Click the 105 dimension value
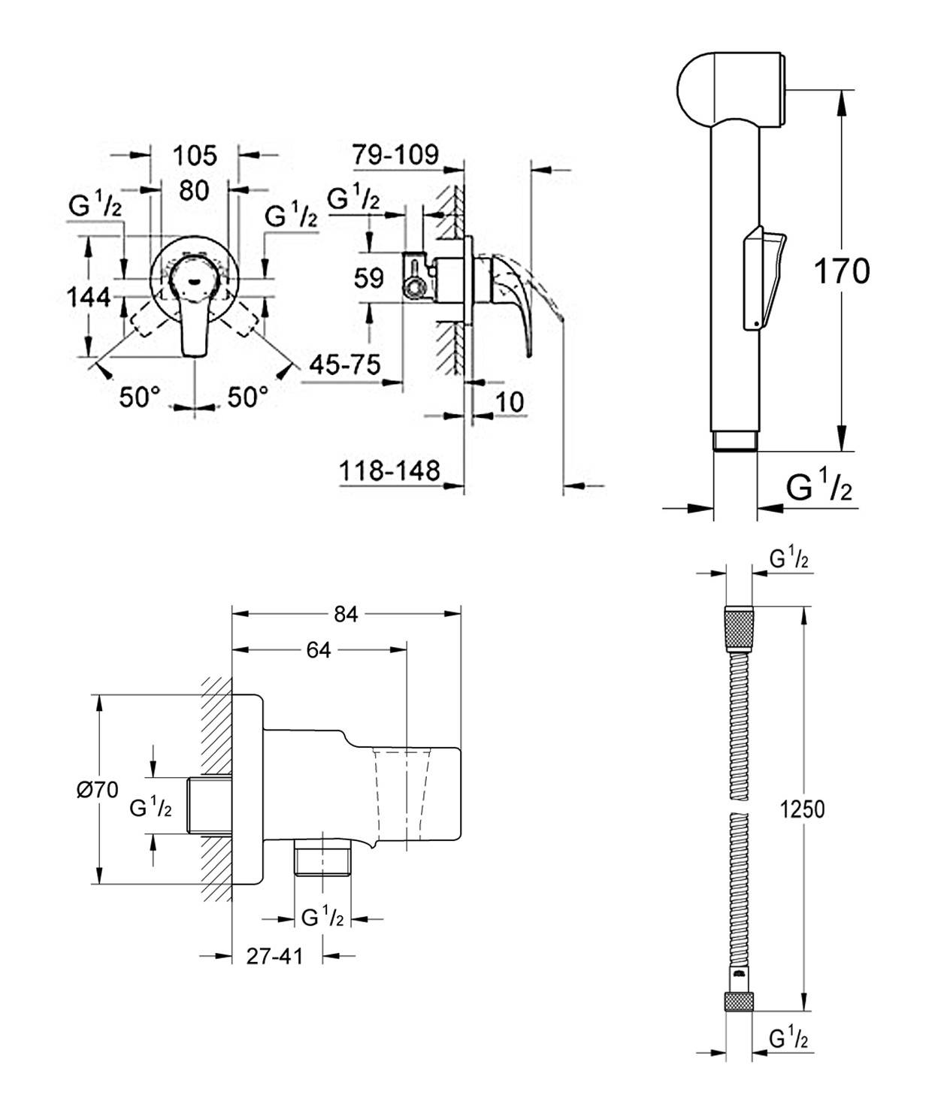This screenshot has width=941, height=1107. [195, 156]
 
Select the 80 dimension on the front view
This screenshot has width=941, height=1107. [194, 190]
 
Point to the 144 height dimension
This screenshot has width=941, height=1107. [89, 298]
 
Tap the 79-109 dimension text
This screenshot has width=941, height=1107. [395, 154]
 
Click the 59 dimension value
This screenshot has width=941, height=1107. [368, 278]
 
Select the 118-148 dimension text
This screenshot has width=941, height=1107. [389, 471]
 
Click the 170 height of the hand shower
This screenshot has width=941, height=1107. [842, 271]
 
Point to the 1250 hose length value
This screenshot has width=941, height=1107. [802, 809]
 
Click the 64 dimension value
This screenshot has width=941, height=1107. [319, 650]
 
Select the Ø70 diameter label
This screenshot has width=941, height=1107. [98, 789]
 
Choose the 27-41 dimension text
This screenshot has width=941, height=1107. [275, 956]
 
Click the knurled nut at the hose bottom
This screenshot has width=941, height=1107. [738, 1003]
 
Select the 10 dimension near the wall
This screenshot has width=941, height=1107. [510, 401]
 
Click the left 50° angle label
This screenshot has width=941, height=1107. [140, 397]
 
